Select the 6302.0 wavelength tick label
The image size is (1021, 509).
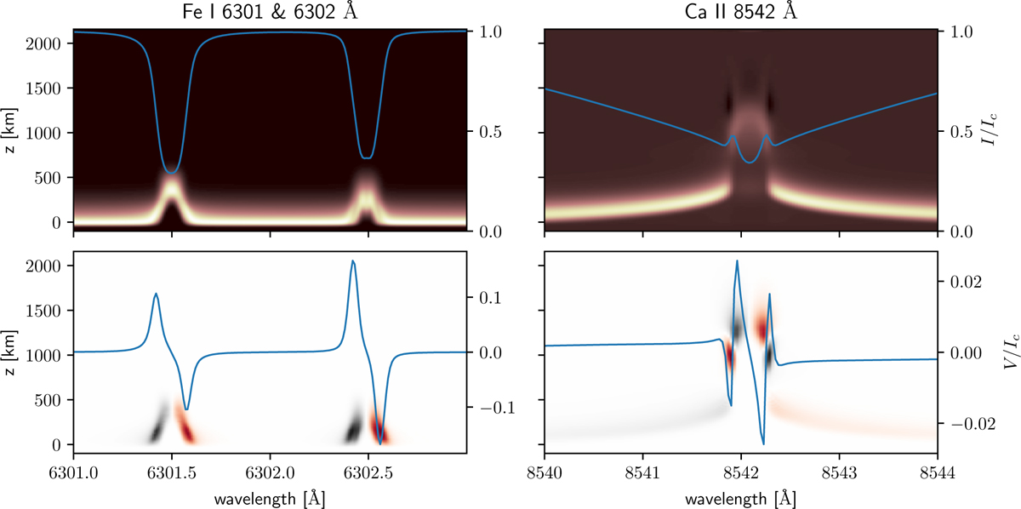click(x=270, y=470)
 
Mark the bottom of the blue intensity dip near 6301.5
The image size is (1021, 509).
click(x=172, y=173)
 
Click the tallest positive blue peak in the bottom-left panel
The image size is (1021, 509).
click(x=352, y=261)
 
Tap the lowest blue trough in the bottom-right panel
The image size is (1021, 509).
click(x=763, y=443)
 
